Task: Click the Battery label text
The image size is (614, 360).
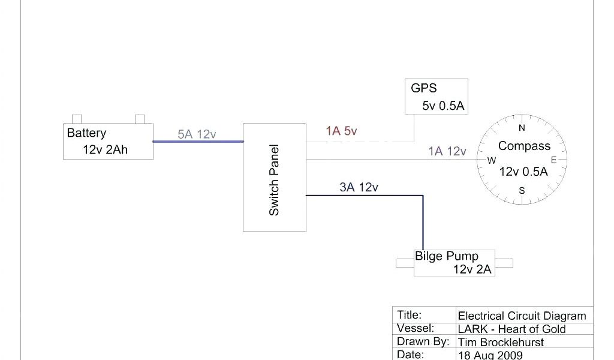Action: tap(86, 133)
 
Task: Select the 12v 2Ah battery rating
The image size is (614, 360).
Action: tap(105, 150)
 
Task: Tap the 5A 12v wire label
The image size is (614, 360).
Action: tap(197, 134)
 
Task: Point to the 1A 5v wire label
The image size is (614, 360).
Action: tap(341, 131)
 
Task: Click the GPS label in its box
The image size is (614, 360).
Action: tap(423, 88)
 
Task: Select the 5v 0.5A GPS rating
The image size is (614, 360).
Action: tap(443, 106)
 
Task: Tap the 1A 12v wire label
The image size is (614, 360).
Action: tap(447, 152)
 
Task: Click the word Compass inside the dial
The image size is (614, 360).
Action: tap(524, 146)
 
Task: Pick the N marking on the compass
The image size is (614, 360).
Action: tap(522, 128)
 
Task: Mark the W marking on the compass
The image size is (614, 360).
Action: tap(492, 160)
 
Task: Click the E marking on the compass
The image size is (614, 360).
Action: tap(553, 160)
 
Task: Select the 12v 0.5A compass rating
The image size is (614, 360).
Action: tap(523, 172)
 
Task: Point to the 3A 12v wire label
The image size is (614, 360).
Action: tap(359, 188)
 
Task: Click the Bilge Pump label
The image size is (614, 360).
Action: tap(447, 256)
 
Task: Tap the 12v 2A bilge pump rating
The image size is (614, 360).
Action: tap(472, 269)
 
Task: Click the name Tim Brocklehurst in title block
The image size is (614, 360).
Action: tap(501, 342)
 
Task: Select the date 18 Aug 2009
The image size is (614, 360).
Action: tap(490, 355)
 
